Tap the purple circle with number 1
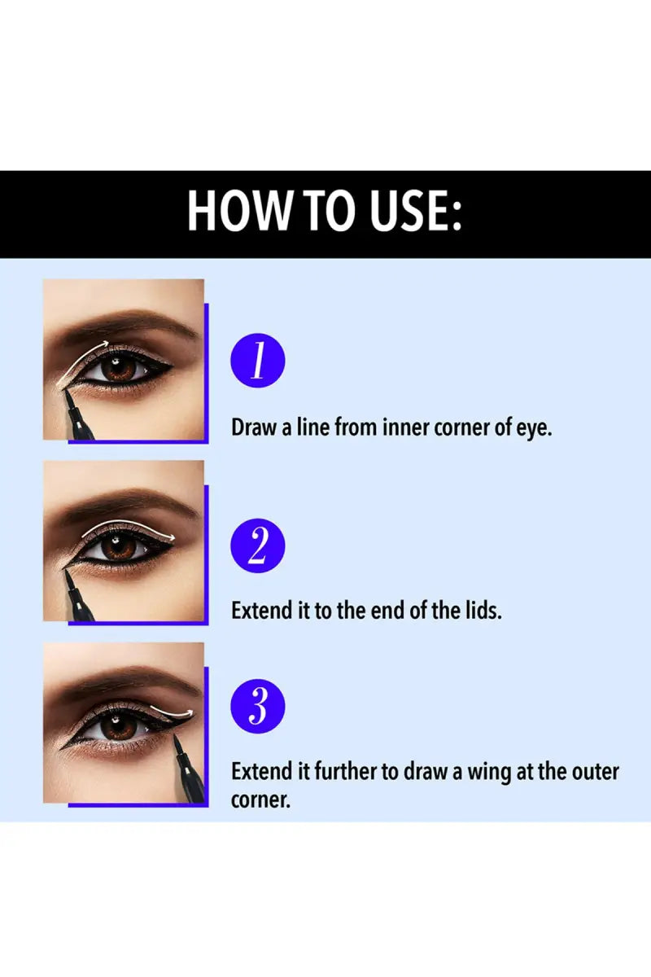pos(257,361)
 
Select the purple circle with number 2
pos(257,546)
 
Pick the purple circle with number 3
pos(257,704)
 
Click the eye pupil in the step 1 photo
pos(119,369)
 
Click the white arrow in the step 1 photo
pos(81,358)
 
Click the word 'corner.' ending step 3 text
pos(260,800)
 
